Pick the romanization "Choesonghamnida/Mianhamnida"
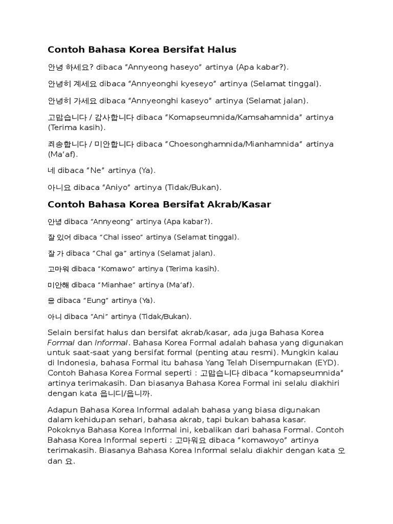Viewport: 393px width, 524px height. [x=240, y=144]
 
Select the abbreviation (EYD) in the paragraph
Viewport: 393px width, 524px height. [x=330, y=362]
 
